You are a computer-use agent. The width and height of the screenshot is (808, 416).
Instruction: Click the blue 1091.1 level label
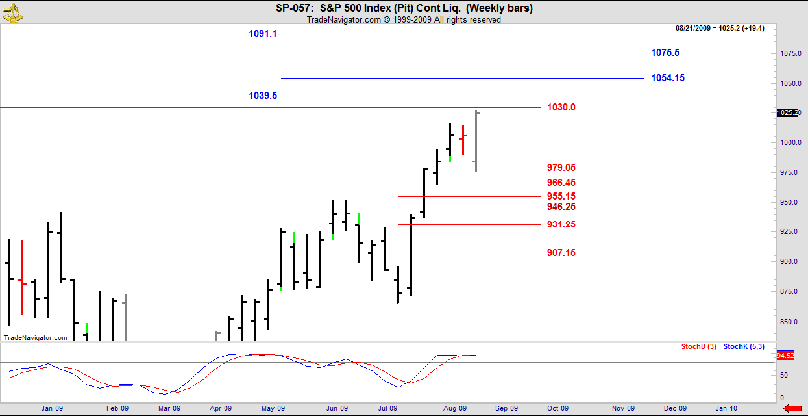pyautogui.click(x=263, y=34)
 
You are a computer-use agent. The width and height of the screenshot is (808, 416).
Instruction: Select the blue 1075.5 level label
pyautogui.click(x=665, y=53)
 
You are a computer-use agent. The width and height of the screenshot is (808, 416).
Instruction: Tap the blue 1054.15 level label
pyautogui.click(x=668, y=78)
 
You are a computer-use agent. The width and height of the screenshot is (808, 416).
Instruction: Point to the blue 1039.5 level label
pyautogui.click(x=263, y=96)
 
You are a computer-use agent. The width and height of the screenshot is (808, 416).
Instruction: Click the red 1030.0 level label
pyautogui.click(x=561, y=107)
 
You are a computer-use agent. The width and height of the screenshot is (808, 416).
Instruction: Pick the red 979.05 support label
pyautogui.click(x=561, y=168)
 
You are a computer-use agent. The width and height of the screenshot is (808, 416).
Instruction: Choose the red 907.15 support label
pyautogui.click(x=561, y=253)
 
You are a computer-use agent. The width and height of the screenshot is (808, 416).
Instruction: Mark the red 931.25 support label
pyautogui.click(x=561, y=225)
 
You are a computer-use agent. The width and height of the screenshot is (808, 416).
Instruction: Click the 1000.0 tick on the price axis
pyautogui.click(x=789, y=143)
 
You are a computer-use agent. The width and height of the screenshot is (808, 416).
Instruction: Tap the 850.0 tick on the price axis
pyautogui.click(x=789, y=322)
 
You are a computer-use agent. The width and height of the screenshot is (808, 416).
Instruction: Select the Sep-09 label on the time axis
pyautogui.click(x=506, y=408)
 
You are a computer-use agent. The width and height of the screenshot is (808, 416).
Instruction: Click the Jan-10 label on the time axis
pyautogui.click(x=726, y=408)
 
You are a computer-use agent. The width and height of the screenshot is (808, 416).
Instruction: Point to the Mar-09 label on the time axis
pyautogui.click(x=169, y=408)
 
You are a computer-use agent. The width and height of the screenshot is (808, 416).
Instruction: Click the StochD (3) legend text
pyautogui.click(x=698, y=347)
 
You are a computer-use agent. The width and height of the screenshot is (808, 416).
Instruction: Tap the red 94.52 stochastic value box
pyautogui.click(x=785, y=356)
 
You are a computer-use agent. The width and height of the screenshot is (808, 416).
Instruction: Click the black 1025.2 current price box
pyautogui.click(x=786, y=113)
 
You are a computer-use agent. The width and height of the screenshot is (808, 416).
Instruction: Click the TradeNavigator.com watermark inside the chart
pyautogui.click(x=36, y=338)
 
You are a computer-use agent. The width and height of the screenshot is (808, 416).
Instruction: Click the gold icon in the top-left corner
pyautogui.click(x=11, y=11)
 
